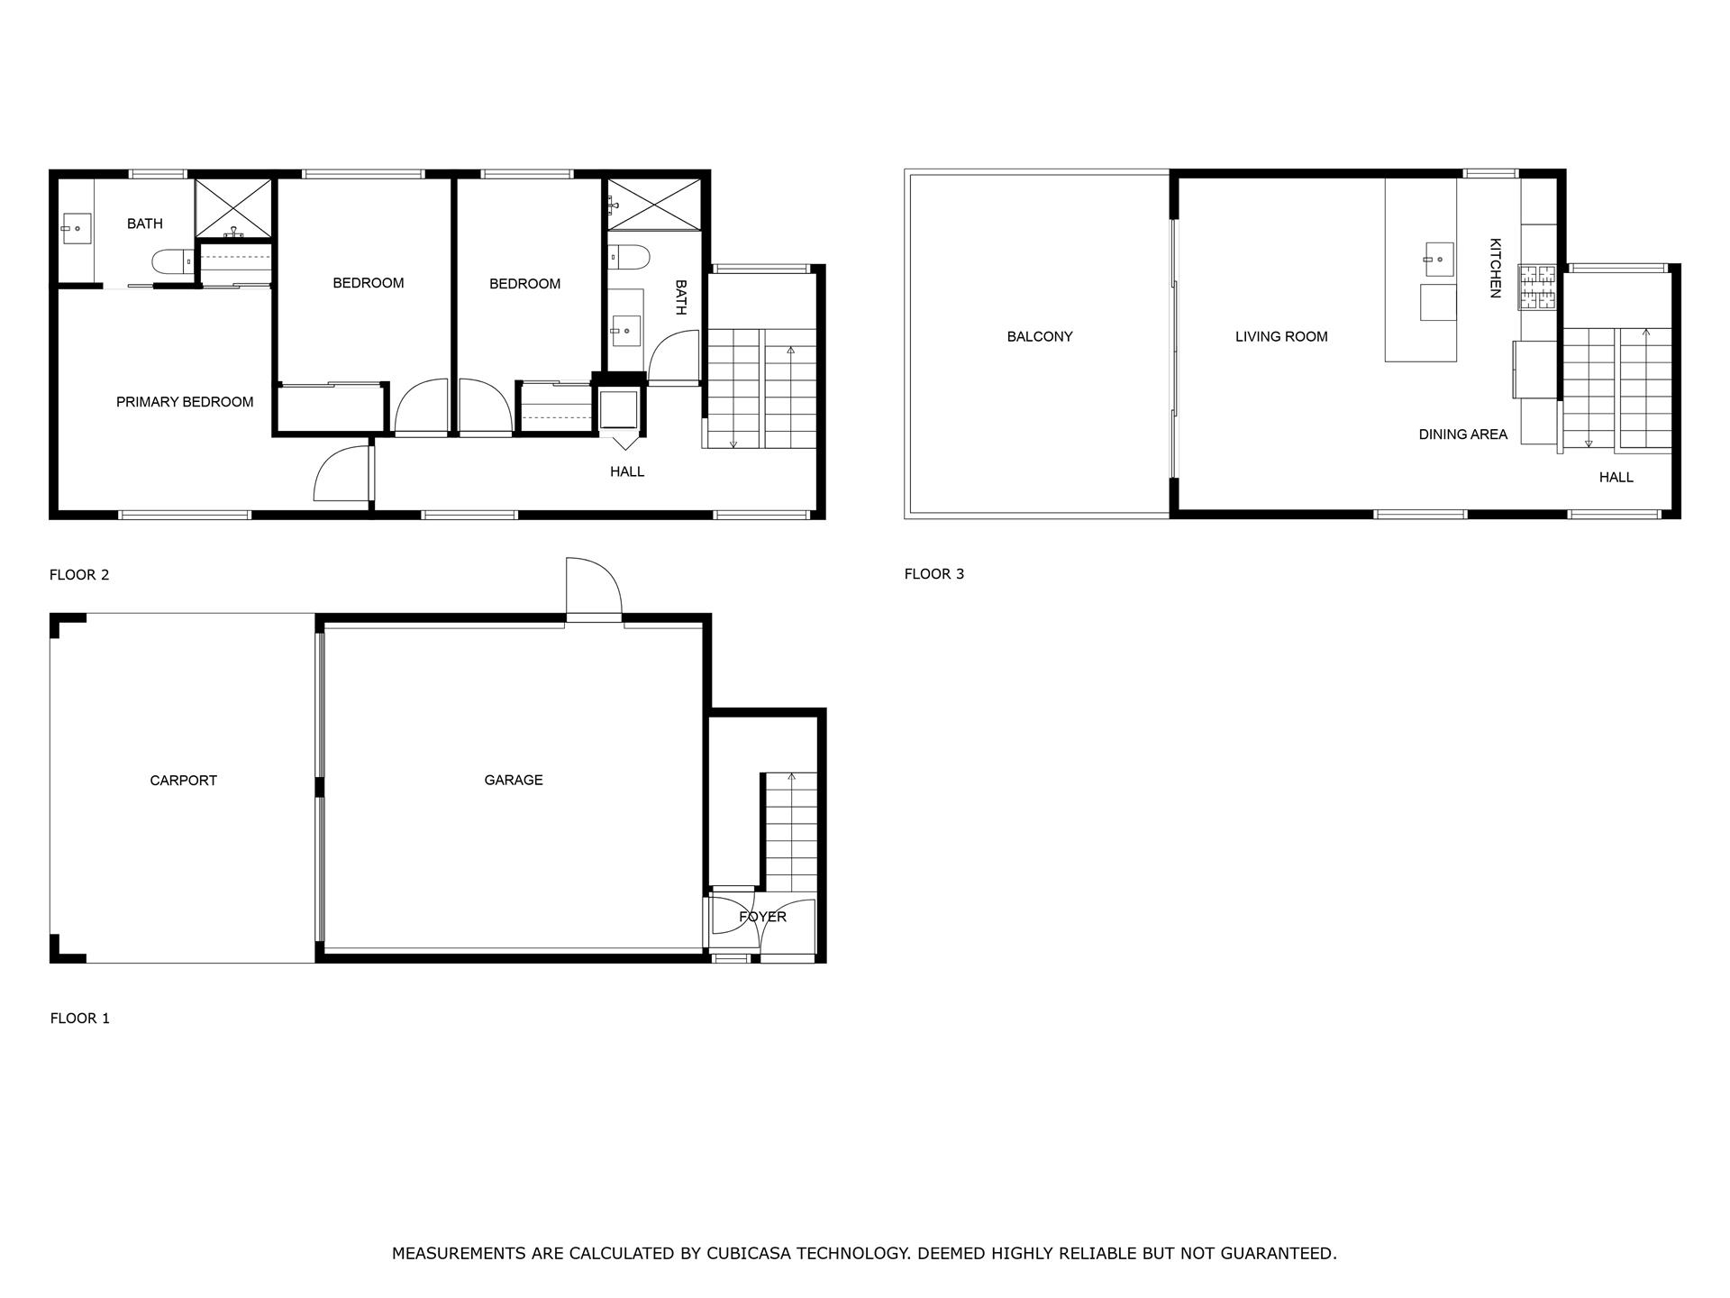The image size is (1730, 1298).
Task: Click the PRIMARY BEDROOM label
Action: (185, 402)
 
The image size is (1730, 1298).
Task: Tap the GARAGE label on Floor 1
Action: (514, 780)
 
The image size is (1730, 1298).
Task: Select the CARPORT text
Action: (183, 781)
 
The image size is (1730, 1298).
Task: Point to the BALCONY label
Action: (1040, 337)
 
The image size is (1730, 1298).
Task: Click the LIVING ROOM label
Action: (1281, 337)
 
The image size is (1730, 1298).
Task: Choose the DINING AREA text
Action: (1462, 434)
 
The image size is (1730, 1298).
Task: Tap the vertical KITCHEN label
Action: (1495, 268)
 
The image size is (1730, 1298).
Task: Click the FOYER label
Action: (762, 917)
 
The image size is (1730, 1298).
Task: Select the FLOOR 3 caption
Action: (933, 574)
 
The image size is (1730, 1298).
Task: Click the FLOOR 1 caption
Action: (79, 1019)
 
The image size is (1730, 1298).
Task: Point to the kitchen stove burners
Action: (1538, 287)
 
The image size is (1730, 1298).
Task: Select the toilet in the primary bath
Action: (171, 261)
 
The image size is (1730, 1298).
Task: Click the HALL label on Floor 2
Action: (627, 471)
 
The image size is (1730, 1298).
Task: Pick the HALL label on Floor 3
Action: (1616, 478)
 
